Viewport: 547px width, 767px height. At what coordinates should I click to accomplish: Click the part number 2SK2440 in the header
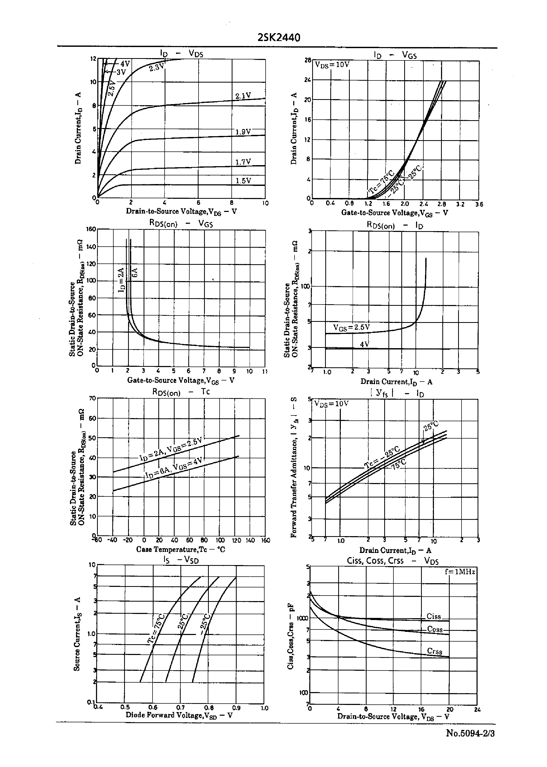tap(278, 37)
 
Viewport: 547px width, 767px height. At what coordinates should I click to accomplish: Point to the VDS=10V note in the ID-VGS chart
tap(332, 65)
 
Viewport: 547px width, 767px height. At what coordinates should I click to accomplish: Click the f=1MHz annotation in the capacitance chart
tap(460, 571)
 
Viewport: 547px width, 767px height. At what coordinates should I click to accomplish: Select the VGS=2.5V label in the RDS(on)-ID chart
tap(351, 327)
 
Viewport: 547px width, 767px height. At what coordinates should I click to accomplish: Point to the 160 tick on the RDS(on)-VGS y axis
tap(91, 229)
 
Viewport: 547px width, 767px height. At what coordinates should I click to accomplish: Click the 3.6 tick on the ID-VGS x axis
tap(479, 204)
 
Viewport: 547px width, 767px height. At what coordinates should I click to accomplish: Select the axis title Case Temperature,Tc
tap(181, 550)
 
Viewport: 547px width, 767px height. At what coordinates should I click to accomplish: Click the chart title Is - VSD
tap(181, 560)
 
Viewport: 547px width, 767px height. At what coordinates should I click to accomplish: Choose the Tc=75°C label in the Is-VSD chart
tap(156, 628)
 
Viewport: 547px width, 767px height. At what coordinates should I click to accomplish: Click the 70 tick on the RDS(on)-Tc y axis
tap(92, 398)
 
